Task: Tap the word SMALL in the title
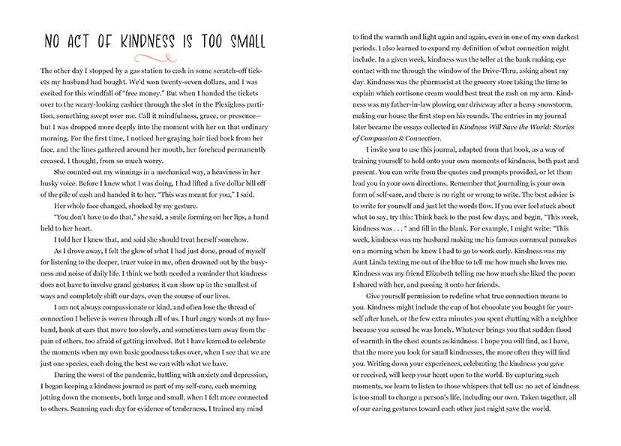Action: pyautogui.click(x=241, y=41)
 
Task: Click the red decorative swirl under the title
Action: pyautogui.click(x=155, y=57)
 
